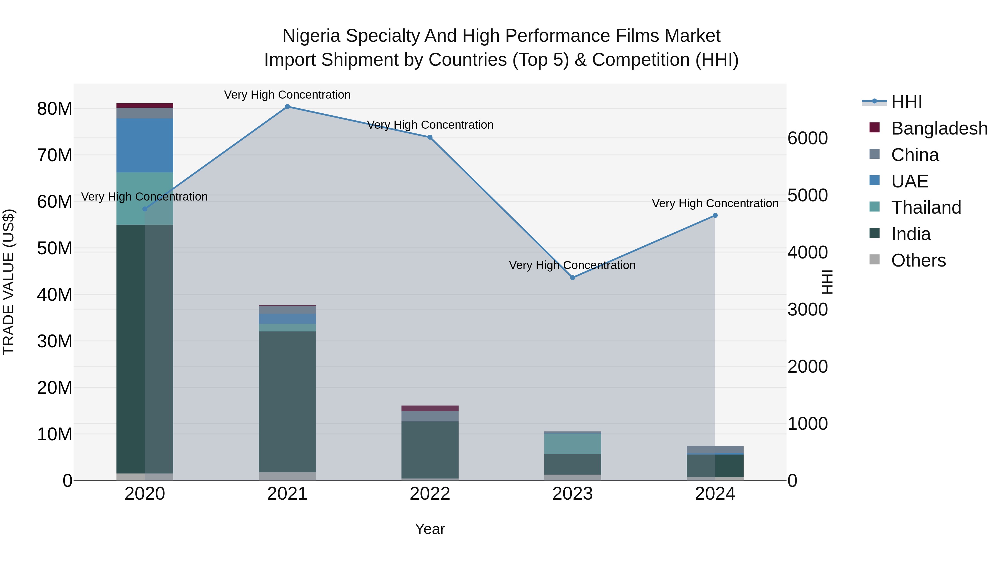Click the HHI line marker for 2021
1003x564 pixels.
pyautogui.click(x=287, y=107)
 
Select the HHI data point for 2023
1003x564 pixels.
pyautogui.click(x=572, y=277)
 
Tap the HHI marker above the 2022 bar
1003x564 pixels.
pyautogui.click(x=430, y=137)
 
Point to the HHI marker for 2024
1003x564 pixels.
pyautogui.click(x=715, y=216)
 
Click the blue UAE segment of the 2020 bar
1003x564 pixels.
pyautogui.click(x=145, y=145)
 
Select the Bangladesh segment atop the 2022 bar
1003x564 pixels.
pyautogui.click(x=430, y=408)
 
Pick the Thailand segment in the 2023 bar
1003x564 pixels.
pyautogui.click(x=572, y=444)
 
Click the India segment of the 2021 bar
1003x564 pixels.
pyautogui.click(x=287, y=401)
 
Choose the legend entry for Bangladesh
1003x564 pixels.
pyautogui.click(x=939, y=128)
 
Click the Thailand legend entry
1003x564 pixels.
pyautogui.click(x=926, y=207)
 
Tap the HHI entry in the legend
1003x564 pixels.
pyautogui.click(x=906, y=102)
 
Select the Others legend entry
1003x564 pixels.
pyautogui.click(x=918, y=260)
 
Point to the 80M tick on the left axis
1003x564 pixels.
pyautogui.click(x=55, y=109)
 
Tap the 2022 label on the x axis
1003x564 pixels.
pyautogui.click(x=430, y=494)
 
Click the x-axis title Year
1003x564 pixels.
pyautogui.click(x=430, y=529)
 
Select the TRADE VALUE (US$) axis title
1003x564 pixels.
pyautogui.click(x=9, y=282)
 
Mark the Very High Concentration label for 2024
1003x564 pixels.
pyautogui.click(x=715, y=203)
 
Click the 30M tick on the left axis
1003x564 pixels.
pyautogui.click(x=55, y=341)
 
